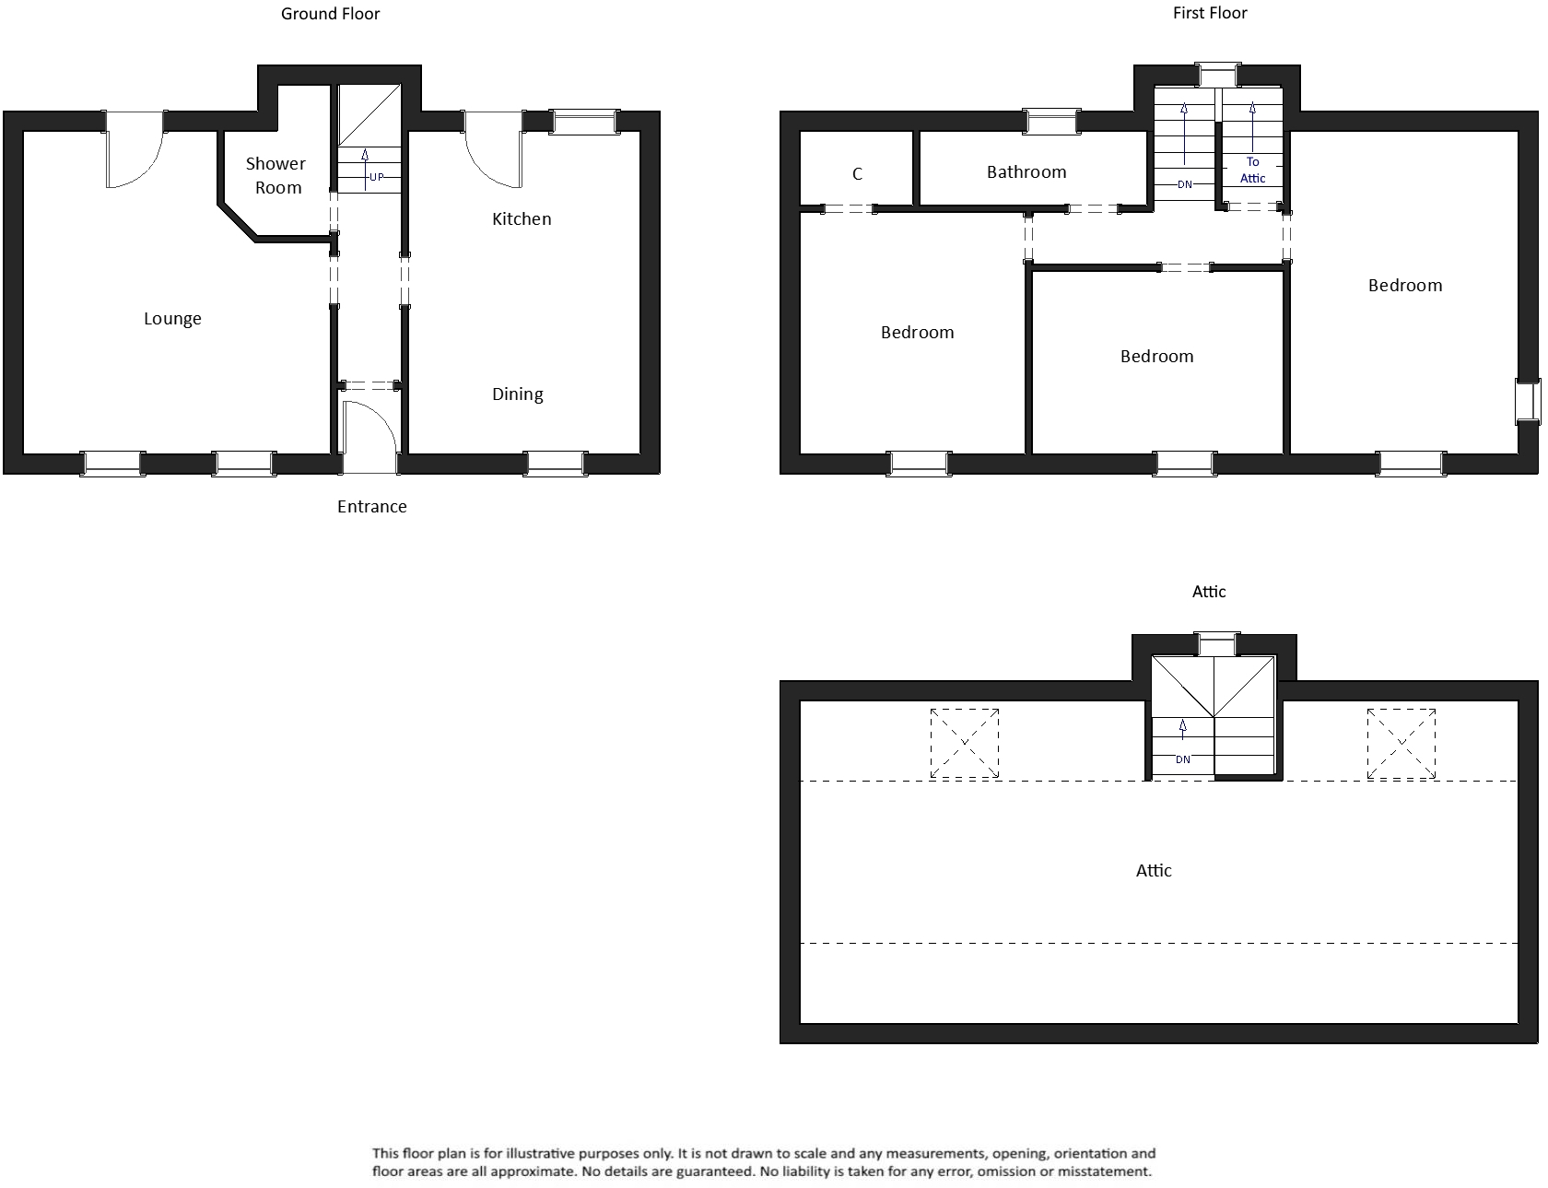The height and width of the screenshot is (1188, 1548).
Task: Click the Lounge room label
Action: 172,319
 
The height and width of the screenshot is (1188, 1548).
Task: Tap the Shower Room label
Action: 276,175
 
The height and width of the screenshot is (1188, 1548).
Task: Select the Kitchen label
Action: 522,218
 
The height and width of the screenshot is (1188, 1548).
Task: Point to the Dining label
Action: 517,394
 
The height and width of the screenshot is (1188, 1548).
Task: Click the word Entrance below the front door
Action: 371,506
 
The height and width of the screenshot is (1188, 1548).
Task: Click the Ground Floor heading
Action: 330,14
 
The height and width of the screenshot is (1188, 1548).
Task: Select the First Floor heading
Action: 1209,13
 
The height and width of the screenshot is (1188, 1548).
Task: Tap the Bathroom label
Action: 1026,171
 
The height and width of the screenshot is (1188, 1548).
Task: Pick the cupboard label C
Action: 857,174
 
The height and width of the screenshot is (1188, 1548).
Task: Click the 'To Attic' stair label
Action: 1252,171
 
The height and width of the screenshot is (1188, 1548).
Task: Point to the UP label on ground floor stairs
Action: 376,177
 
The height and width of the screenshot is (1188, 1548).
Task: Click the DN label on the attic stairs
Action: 1182,759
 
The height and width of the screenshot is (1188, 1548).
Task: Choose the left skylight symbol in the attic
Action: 964,742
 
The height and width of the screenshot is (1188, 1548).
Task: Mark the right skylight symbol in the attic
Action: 1401,742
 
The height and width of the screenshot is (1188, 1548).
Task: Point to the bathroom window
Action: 1052,121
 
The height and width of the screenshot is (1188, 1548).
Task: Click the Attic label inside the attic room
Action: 1153,870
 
